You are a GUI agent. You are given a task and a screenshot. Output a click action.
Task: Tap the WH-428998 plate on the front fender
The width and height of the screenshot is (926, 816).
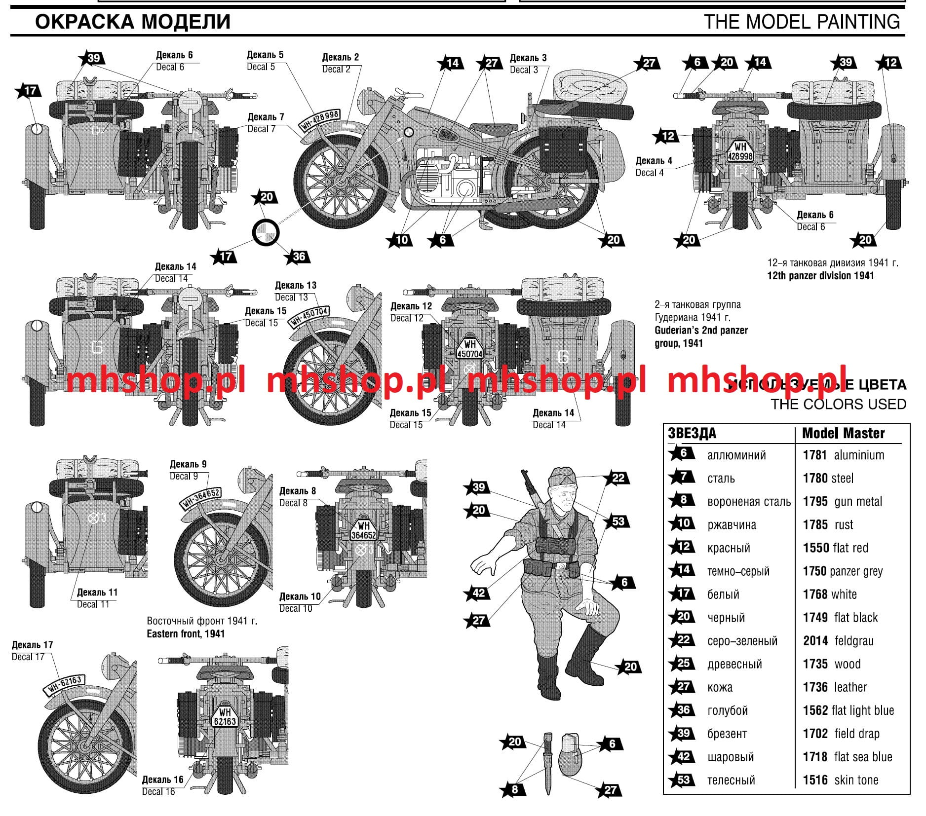[x=320, y=120]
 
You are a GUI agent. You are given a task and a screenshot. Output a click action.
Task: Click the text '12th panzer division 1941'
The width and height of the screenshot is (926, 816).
[x=820, y=276]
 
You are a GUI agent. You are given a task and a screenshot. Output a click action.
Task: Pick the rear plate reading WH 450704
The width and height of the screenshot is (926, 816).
[x=469, y=349]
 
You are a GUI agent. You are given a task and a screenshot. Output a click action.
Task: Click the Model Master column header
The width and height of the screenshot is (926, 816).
[x=843, y=433]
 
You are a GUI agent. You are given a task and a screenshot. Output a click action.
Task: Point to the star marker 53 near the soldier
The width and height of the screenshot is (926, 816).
[x=617, y=521]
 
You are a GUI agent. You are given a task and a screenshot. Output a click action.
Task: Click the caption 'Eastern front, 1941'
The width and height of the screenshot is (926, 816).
[x=186, y=634]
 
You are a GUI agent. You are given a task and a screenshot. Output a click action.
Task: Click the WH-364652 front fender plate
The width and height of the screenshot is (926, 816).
[x=200, y=498]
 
